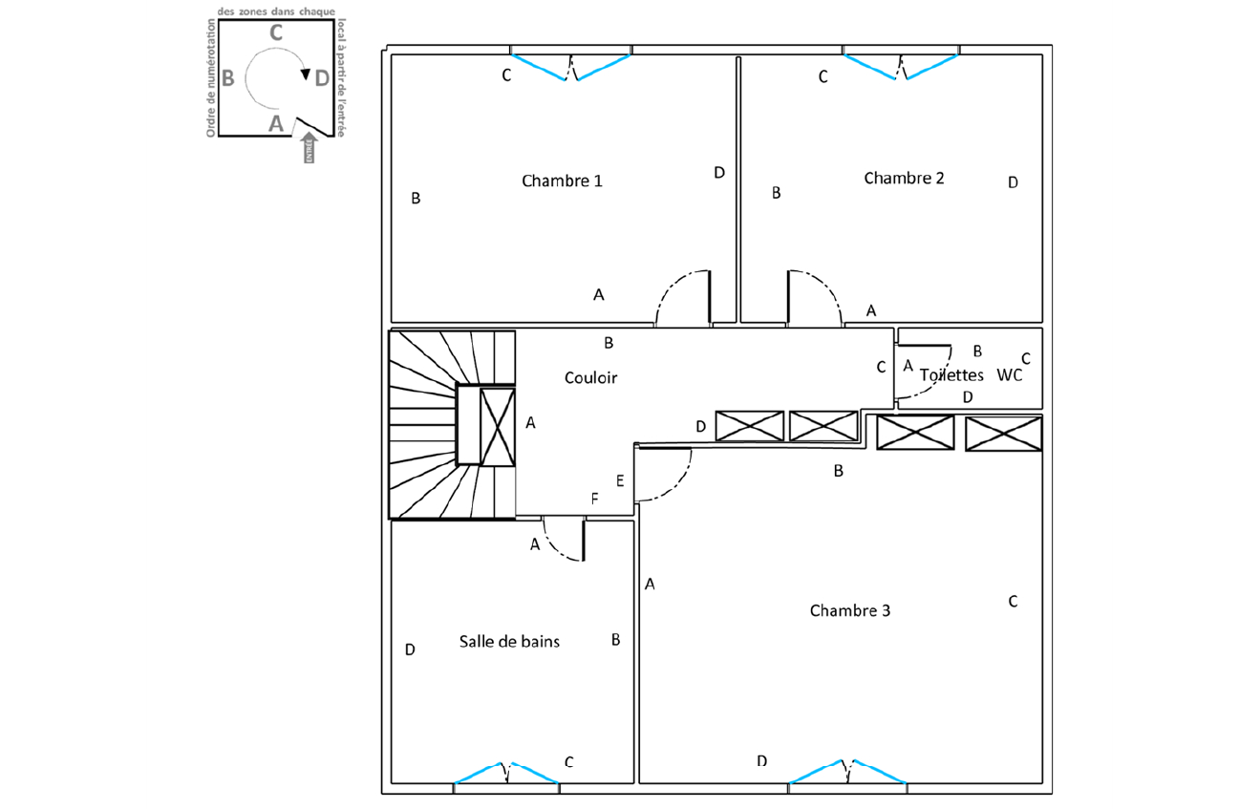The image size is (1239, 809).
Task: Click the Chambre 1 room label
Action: tap(562, 181)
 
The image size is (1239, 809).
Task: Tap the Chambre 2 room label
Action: tap(904, 178)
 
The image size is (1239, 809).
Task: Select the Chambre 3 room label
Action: tap(849, 610)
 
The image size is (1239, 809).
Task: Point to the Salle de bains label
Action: tap(509, 641)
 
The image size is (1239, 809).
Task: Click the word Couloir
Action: tap(590, 377)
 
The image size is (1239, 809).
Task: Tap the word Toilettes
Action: tap(951, 375)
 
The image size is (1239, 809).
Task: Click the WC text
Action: tap(1010, 375)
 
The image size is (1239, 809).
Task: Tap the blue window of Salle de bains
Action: tap(506, 772)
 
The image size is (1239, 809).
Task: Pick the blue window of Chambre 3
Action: tap(847, 771)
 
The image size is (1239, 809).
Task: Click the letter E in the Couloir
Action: tap(620, 480)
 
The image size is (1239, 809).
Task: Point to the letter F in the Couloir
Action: tap(595, 499)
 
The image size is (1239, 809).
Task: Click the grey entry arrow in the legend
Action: tap(309, 147)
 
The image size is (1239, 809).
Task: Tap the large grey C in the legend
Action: tap(275, 32)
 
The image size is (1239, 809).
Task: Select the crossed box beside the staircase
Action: tap(496, 426)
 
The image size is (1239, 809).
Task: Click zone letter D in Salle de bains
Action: tap(410, 649)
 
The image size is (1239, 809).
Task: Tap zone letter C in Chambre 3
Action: tap(1013, 601)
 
